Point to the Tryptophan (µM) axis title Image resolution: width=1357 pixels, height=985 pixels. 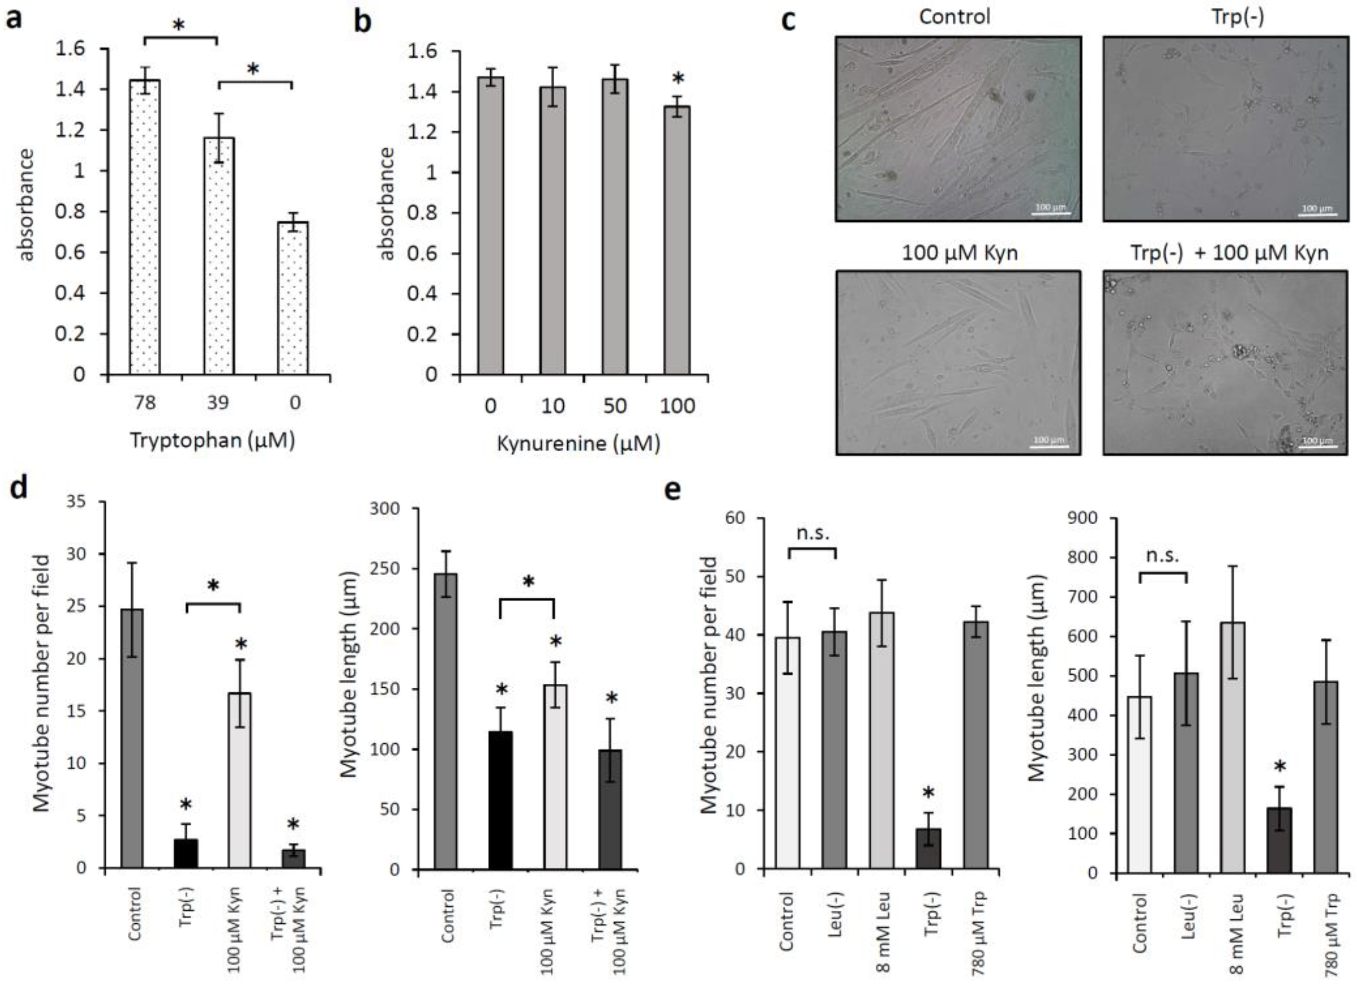[213, 440]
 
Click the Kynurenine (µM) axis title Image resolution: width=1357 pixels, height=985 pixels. [579, 443]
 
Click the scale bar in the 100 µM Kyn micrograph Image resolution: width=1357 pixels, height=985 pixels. [1049, 446]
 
